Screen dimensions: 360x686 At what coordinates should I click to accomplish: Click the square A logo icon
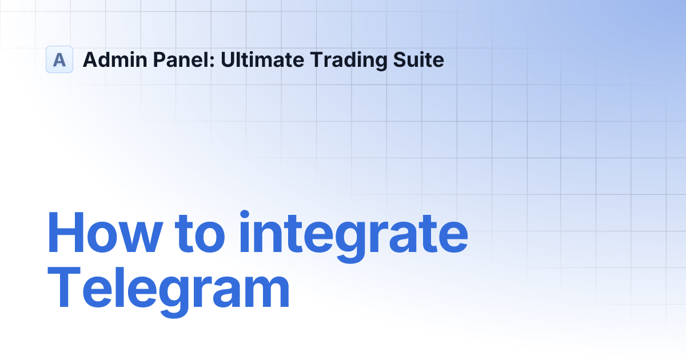[x=59, y=59]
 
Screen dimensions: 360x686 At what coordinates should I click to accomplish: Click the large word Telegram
[x=169, y=292]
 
